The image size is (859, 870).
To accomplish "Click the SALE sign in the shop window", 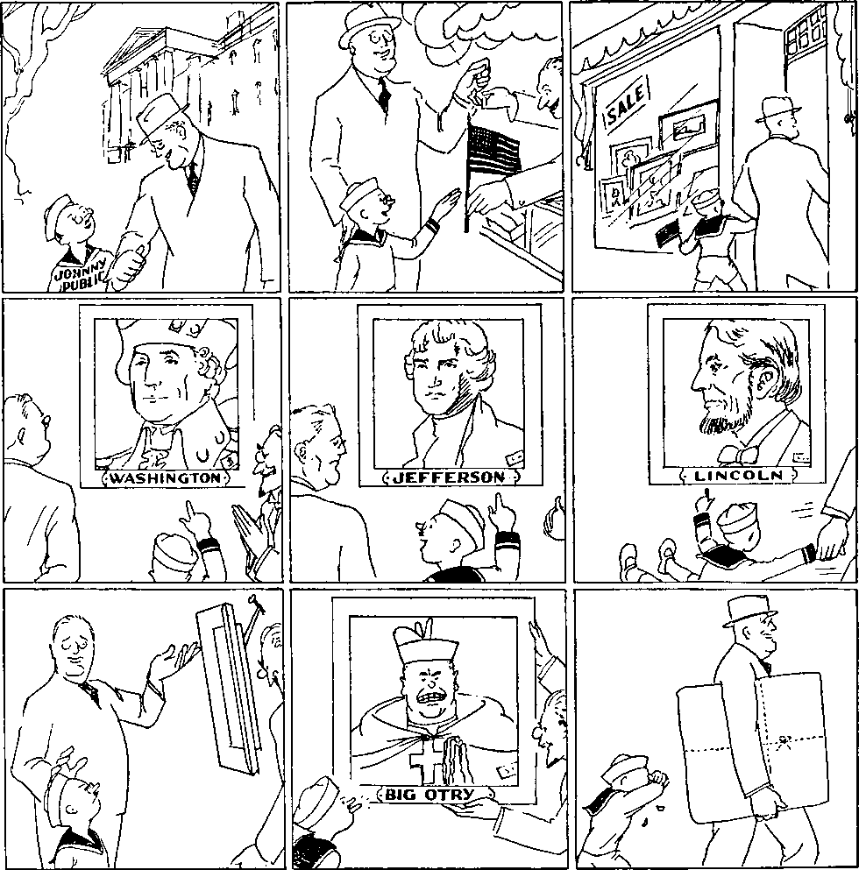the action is pyautogui.click(x=626, y=106).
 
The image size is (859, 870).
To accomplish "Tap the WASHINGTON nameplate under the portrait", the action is pyautogui.click(x=166, y=478).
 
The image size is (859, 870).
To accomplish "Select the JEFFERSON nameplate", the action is pyautogui.click(x=449, y=477).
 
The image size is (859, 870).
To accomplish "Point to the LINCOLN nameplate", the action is pyautogui.click(x=739, y=476).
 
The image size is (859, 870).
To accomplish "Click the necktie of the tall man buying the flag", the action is pyautogui.click(x=384, y=93).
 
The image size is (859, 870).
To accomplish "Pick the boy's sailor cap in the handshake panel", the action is pyautogui.click(x=60, y=208).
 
